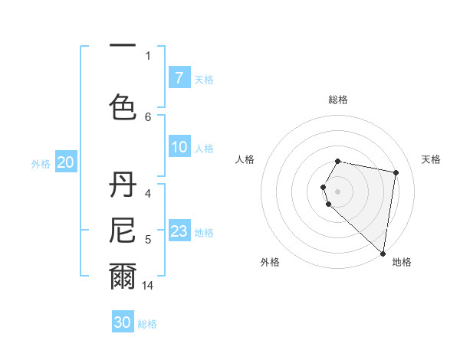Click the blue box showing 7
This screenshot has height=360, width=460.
(179, 78)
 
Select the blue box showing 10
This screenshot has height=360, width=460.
(179, 147)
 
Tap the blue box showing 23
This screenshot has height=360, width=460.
(179, 231)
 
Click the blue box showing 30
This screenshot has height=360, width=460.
(123, 322)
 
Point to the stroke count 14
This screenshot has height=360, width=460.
(148, 286)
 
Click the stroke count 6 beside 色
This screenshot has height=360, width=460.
(148, 116)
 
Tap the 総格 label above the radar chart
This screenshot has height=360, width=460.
(338, 100)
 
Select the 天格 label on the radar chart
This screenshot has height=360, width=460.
(432, 159)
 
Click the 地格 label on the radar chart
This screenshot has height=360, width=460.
(402, 262)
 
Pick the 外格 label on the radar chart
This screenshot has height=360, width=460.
(270, 262)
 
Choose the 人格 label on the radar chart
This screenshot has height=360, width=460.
(245, 159)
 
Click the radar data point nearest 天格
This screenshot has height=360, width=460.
(396, 173)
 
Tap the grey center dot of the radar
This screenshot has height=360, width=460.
(338, 191)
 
